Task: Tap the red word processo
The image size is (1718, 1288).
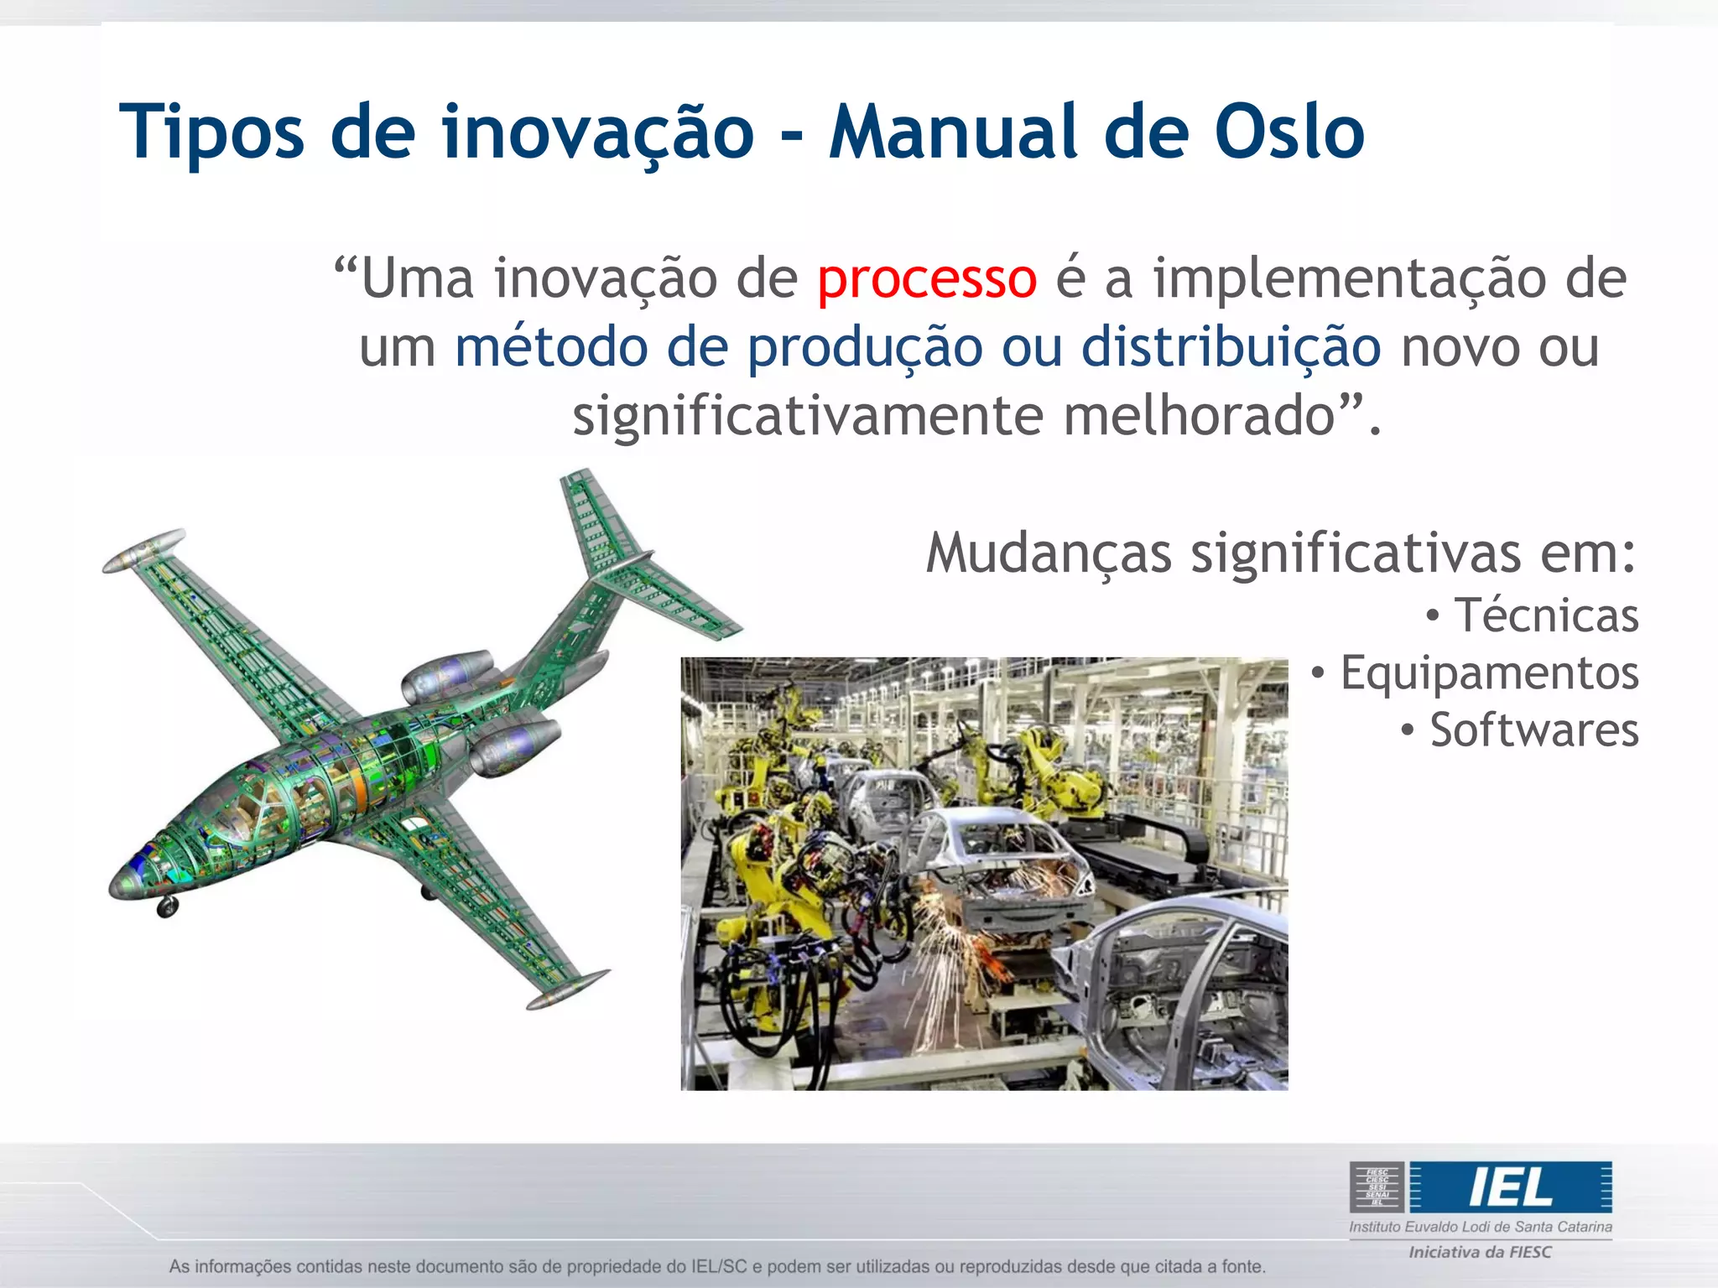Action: point(927,278)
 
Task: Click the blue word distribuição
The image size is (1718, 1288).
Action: point(1231,347)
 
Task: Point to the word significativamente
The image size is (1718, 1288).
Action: point(808,416)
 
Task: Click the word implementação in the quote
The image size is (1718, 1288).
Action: point(1349,278)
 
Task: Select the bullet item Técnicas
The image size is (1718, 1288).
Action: point(1545,615)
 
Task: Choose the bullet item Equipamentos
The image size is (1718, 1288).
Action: point(1488,673)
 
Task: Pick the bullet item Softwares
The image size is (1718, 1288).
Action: point(1533,730)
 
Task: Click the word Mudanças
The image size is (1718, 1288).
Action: point(1048,553)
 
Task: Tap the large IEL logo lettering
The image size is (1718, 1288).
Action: point(1510,1187)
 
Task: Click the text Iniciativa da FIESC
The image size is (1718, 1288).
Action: point(1480,1252)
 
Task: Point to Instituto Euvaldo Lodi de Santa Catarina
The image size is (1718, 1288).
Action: point(1480,1227)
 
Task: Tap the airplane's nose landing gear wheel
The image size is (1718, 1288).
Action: point(167,907)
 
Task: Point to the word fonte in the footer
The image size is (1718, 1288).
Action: point(1242,1266)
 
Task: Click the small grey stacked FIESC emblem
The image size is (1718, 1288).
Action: point(1377,1187)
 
